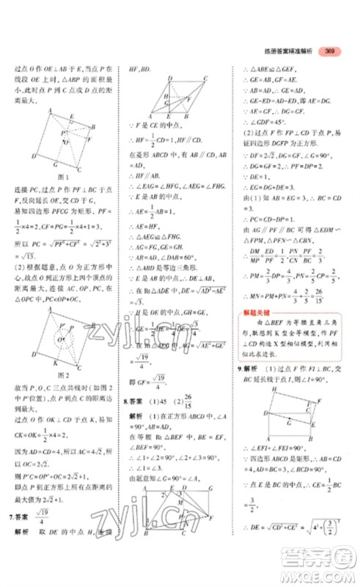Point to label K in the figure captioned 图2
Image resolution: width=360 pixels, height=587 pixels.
57,362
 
